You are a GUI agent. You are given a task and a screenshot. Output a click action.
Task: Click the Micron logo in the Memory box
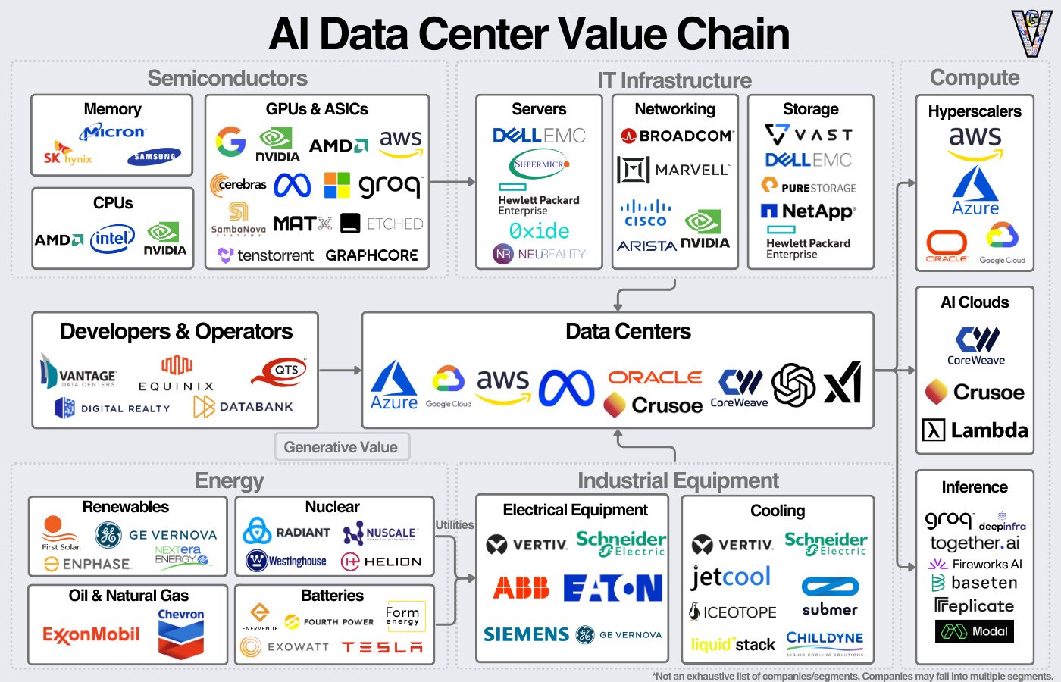(113, 132)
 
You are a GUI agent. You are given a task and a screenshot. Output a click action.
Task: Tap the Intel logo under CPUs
(112, 239)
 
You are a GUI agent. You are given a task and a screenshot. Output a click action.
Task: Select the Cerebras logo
(239, 184)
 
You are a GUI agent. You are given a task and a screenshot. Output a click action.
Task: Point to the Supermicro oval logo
(540, 164)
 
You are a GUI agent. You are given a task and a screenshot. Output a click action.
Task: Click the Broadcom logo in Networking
(676, 136)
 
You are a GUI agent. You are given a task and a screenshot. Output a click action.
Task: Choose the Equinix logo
(177, 374)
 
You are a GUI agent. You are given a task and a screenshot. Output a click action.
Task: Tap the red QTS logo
(280, 371)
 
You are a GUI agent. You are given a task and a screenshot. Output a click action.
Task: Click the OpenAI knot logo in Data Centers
(793, 384)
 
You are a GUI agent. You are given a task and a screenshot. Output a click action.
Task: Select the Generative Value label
(341, 447)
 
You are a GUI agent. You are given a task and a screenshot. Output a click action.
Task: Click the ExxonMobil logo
(91, 634)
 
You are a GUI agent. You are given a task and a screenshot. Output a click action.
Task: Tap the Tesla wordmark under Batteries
(382, 647)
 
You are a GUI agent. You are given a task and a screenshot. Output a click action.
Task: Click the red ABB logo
(521, 588)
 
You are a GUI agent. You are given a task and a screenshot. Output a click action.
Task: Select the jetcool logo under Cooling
(731, 577)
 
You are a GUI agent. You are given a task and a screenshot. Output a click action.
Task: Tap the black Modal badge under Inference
(974, 631)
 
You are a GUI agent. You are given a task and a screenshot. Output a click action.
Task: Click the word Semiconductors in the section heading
(227, 78)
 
